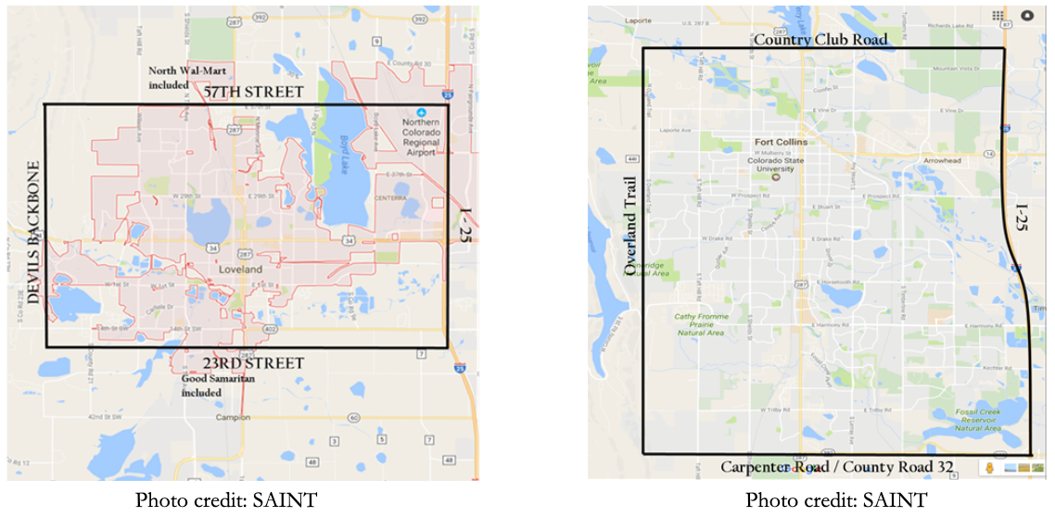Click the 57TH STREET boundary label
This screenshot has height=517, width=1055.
(x=253, y=93)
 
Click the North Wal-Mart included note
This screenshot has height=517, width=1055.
(x=182, y=78)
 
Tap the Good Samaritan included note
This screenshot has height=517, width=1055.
(x=202, y=385)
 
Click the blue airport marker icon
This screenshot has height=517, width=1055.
(x=421, y=111)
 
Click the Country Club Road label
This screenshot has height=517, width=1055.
(x=820, y=40)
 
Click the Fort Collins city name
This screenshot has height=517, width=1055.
(x=781, y=142)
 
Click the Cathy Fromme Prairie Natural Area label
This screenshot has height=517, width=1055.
(x=701, y=323)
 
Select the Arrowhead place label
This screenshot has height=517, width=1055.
(x=947, y=159)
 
